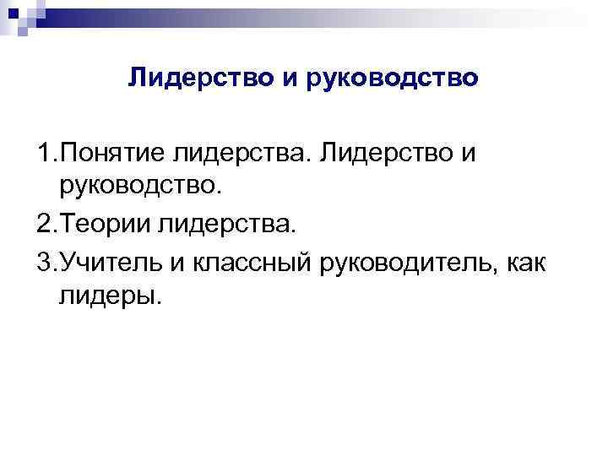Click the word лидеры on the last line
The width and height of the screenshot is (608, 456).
108,296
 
